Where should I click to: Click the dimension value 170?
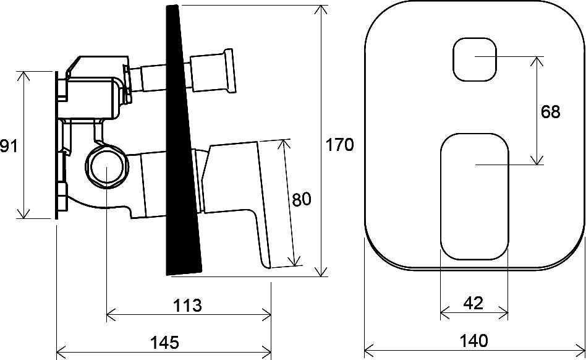coord(340,145)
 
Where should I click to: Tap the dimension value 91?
coord(9,145)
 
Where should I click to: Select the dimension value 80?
coord(301,200)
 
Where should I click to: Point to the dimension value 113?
coord(187,306)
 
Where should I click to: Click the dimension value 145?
coord(165,343)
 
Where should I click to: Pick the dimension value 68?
coord(551,112)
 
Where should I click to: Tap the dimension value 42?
coord(473,303)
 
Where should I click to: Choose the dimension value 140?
coord(474,341)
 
